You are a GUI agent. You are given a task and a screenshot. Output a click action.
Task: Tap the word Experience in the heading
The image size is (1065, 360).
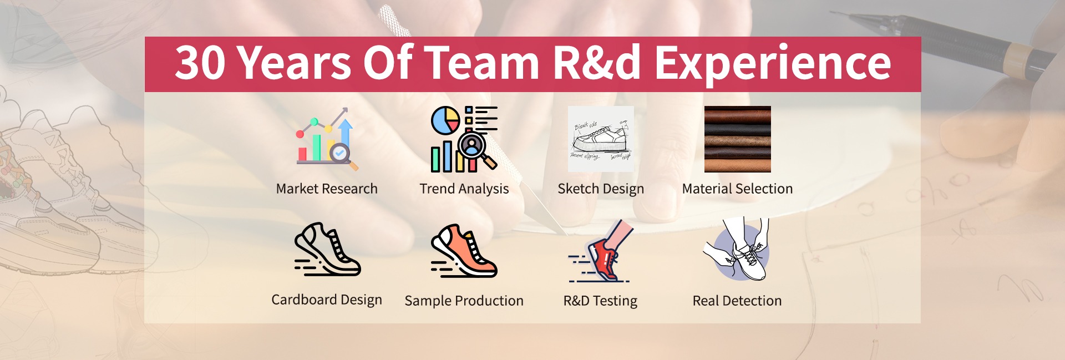(x=773, y=64)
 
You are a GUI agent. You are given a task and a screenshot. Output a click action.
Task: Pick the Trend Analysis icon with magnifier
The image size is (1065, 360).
(x=464, y=139)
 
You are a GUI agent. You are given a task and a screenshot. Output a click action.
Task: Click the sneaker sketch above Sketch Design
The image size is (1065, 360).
(x=601, y=139)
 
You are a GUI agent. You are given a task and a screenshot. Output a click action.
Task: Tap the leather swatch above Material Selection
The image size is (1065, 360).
(x=738, y=139)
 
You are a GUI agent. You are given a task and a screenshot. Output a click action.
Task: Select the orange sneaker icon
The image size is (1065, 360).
(x=464, y=251)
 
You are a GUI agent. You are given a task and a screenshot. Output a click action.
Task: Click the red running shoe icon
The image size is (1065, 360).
(x=601, y=251)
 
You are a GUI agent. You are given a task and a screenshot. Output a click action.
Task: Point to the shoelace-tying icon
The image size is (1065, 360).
(x=737, y=249)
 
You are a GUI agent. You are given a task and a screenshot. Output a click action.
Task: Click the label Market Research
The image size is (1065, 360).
(x=327, y=189)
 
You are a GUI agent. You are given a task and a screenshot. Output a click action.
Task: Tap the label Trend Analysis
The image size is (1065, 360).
(x=464, y=189)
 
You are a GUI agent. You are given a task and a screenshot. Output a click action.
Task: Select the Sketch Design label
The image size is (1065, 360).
(x=601, y=189)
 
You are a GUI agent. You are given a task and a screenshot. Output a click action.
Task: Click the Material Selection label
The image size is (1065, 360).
(x=738, y=189)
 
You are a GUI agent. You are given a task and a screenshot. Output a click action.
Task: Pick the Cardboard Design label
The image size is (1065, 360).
(x=327, y=300)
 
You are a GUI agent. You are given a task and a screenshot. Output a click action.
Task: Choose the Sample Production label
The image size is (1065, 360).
(x=464, y=301)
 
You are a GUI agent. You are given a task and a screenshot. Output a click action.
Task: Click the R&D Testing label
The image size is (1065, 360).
(x=601, y=301)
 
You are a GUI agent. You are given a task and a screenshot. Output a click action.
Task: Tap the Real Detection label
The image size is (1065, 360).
(x=737, y=301)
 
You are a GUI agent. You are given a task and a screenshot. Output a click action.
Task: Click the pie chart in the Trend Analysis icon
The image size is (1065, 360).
(x=445, y=120)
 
